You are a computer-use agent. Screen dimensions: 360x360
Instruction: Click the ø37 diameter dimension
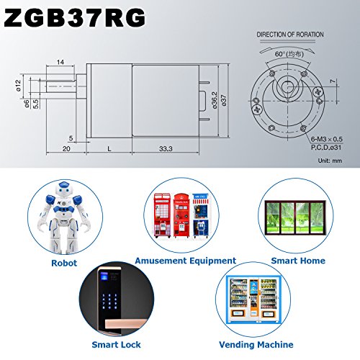(x=224, y=100)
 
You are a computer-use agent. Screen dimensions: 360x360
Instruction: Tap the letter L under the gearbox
(x=108, y=148)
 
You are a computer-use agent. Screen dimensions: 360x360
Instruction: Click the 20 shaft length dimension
(x=66, y=148)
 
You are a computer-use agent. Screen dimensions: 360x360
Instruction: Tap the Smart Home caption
(x=298, y=260)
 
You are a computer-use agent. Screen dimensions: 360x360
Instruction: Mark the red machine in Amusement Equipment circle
(x=163, y=212)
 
